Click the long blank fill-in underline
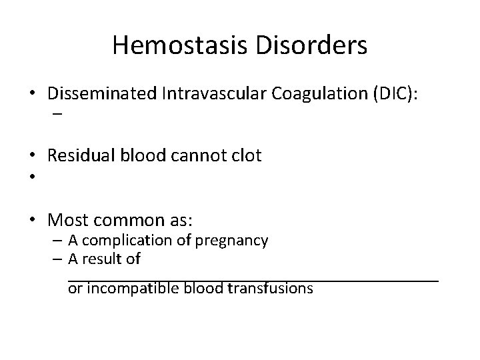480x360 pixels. (x=253, y=279)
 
